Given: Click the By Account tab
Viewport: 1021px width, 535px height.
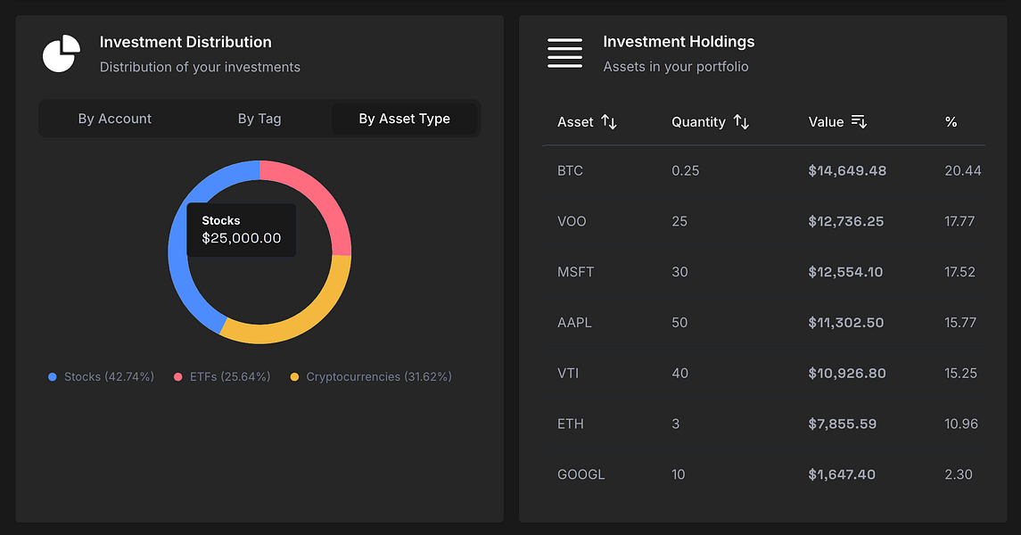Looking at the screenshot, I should tap(114, 119).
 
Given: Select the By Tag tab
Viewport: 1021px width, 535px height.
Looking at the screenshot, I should tap(259, 119).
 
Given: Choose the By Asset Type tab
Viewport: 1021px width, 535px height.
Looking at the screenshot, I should tap(404, 119).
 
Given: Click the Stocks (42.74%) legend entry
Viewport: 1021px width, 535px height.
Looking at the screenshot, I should tap(101, 377).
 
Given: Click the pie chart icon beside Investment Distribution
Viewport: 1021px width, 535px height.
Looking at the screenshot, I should tap(61, 54).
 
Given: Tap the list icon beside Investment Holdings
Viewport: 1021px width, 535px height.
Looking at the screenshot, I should tap(564, 53).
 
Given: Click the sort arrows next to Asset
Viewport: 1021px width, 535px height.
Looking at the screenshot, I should tap(609, 122).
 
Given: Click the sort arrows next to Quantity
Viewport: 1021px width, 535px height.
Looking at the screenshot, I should tap(741, 122).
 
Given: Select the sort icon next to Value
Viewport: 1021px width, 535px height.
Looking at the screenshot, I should tap(859, 122).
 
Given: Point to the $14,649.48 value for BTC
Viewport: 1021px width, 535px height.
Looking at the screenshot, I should tap(847, 170).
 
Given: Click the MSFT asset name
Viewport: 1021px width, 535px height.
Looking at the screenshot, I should tap(575, 272).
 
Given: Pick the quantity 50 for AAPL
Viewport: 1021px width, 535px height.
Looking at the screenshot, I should tap(679, 323).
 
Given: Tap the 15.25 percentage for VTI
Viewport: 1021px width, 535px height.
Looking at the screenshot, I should tap(960, 374).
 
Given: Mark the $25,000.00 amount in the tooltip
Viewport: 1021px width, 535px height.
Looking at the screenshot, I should tap(242, 238).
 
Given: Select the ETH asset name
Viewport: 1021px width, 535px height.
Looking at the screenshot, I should tap(571, 424).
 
